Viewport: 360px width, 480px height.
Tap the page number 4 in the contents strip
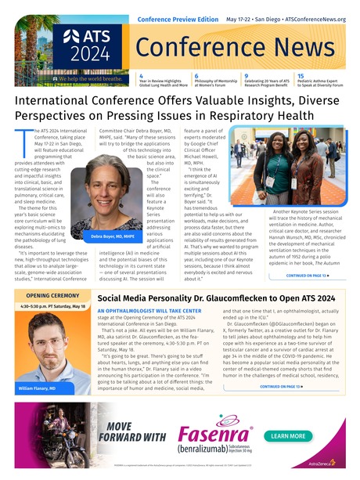pos(141,76)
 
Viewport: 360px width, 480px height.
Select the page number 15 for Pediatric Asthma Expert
pos(301,76)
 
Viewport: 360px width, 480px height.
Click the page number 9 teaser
pos(247,76)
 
